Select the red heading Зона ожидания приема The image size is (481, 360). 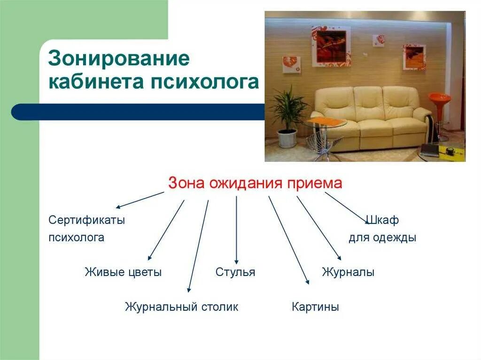255,184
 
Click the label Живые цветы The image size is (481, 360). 123,272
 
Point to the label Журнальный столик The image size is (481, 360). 181,307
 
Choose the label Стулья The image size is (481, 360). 235,272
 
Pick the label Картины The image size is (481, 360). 315,307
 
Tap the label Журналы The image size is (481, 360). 348,272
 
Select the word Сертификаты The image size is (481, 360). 87,220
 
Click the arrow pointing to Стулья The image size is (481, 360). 236,230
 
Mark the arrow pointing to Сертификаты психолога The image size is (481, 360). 140,199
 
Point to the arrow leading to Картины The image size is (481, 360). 288,239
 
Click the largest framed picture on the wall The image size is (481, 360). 331,46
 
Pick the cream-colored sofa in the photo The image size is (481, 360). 371,117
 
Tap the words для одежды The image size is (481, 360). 382,237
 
